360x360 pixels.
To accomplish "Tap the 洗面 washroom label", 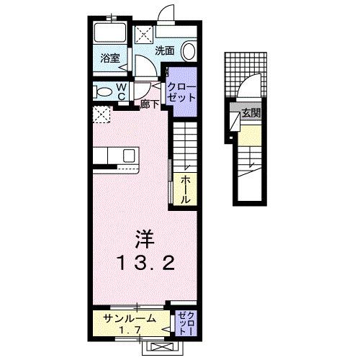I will (x=165, y=50).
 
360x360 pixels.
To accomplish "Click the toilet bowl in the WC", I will (x=104, y=91).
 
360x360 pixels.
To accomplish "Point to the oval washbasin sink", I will (x=188, y=51).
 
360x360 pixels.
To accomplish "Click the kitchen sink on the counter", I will (x=130, y=156).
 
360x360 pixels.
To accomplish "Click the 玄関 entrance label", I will (x=251, y=112).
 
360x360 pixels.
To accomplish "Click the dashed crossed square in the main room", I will (x=102, y=114).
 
